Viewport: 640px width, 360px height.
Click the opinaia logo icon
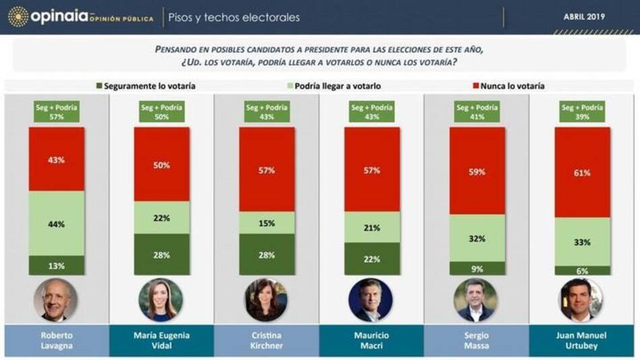(x=18, y=17)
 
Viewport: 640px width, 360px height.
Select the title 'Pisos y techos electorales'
(x=234, y=18)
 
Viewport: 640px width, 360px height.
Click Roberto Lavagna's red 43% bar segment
(x=57, y=159)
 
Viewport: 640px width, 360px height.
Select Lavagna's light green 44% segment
(x=57, y=223)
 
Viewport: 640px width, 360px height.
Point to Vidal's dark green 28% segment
(x=162, y=254)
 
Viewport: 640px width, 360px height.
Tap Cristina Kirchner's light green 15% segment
(x=267, y=223)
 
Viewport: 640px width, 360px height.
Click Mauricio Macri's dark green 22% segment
(x=373, y=258)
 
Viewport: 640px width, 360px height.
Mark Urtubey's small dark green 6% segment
(x=583, y=270)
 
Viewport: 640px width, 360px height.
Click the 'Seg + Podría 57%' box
(x=57, y=112)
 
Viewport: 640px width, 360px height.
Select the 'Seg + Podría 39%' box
(x=583, y=112)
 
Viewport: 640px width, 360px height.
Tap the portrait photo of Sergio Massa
(x=478, y=300)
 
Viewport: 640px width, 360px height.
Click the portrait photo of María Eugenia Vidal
(x=162, y=300)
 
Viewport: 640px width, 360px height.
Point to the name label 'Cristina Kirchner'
(x=267, y=341)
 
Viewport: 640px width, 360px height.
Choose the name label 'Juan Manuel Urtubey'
(x=583, y=341)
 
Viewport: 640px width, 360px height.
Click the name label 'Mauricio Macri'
(x=373, y=341)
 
